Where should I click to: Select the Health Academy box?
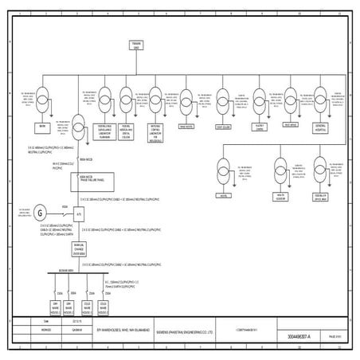pyautogui.click(x=281, y=195)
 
